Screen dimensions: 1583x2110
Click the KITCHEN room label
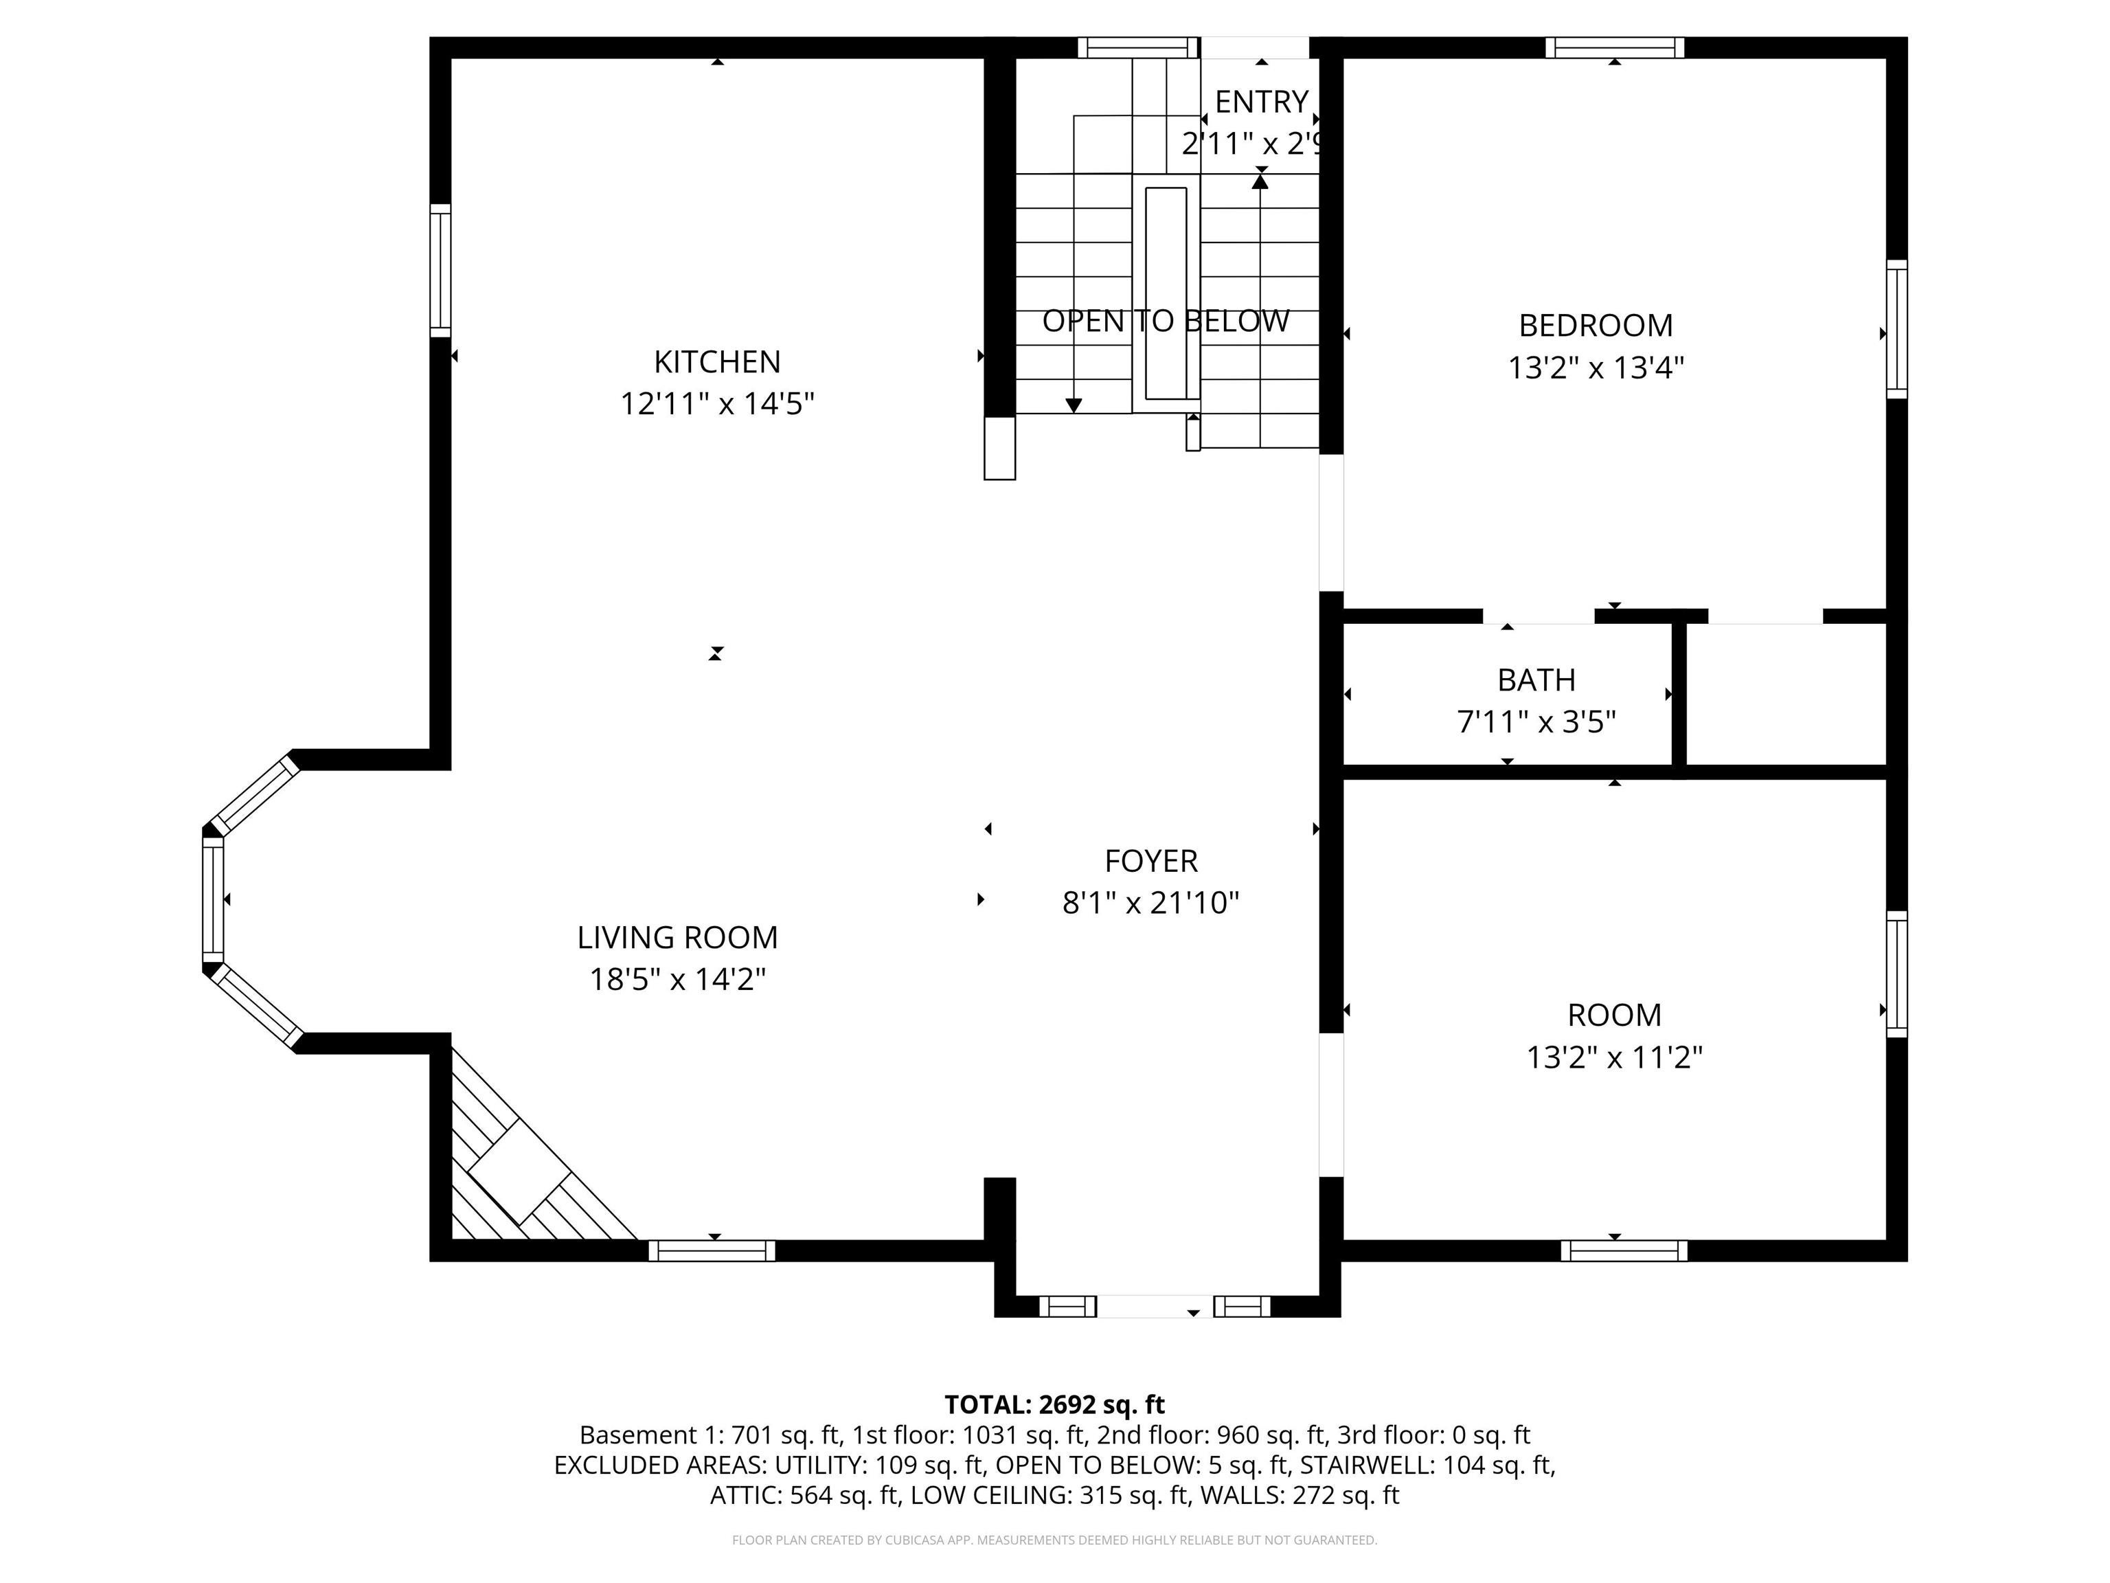click(716, 361)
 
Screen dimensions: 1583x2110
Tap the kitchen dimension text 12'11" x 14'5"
click(716, 403)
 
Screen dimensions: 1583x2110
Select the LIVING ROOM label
click(677, 937)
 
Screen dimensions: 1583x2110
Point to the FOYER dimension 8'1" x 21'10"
click(1150, 903)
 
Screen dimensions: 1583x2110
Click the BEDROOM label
click(1595, 326)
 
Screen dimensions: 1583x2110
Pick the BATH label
click(1536, 680)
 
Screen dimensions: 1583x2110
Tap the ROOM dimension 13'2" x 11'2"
click(1614, 1057)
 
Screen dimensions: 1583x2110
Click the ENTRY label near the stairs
click(1260, 101)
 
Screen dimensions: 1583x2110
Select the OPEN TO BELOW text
click(1165, 322)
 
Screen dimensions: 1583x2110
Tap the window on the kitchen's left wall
click(440, 270)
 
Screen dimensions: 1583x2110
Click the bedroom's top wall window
click(1614, 47)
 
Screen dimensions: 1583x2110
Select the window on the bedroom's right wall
click(1896, 328)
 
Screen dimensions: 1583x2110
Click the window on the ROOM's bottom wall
click(1624, 1250)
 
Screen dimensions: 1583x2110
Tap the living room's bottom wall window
click(712, 1250)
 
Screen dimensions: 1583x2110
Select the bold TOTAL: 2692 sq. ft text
click(1054, 1404)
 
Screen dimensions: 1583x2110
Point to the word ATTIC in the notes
click(746, 1495)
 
